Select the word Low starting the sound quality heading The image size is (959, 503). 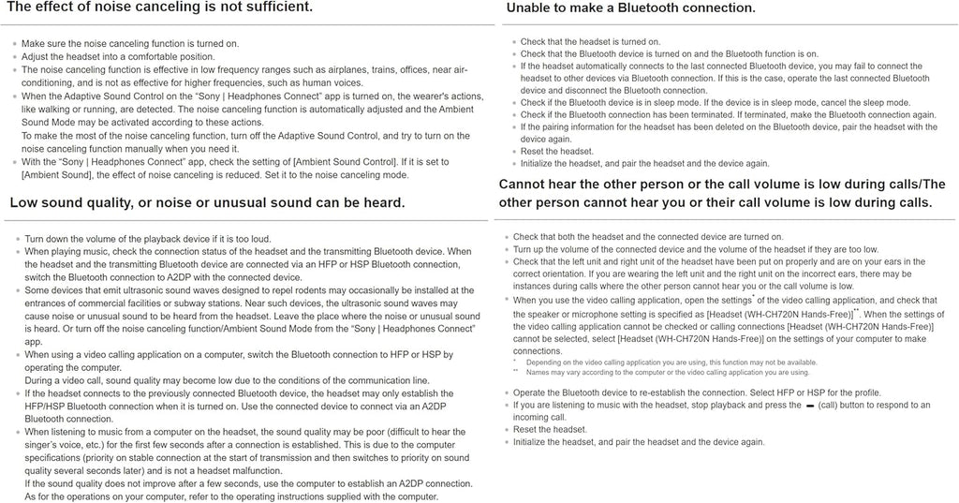point(26,202)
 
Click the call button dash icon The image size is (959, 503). point(799,406)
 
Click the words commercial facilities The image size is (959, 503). point(135,303)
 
